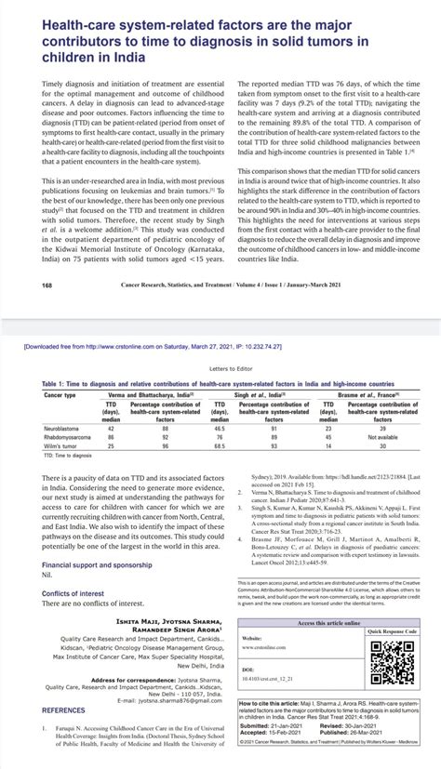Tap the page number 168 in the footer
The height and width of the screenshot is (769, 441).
click(x=21, y=286)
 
